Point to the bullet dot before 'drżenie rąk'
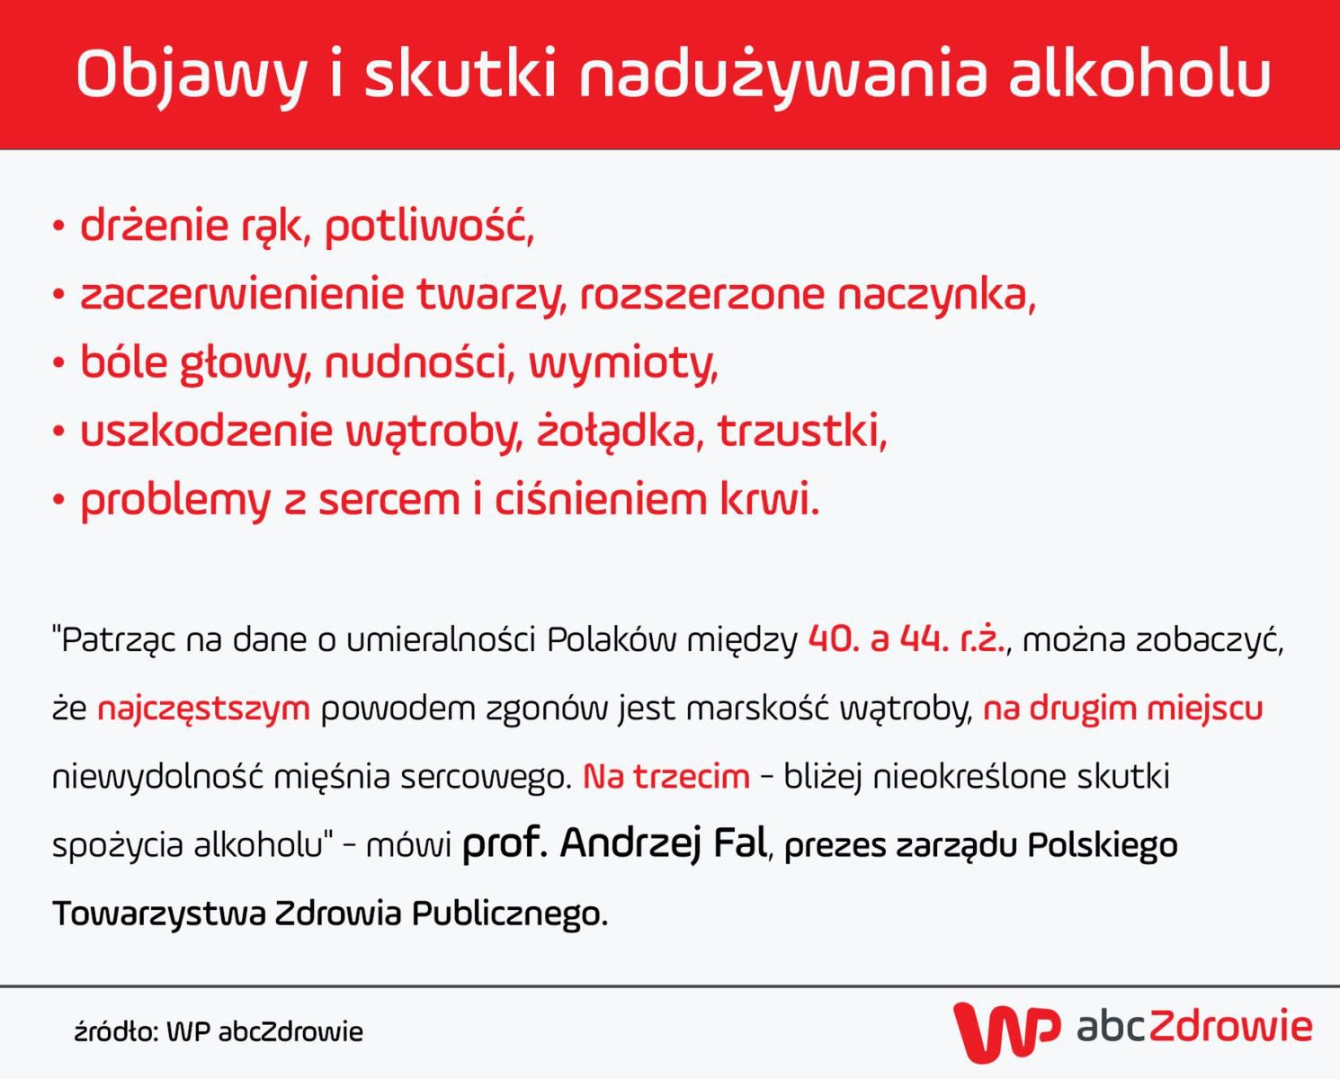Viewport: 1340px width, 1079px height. pos(58,226)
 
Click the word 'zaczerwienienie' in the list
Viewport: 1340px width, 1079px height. pos(242,294)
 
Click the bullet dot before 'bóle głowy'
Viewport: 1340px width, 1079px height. pos(58,363)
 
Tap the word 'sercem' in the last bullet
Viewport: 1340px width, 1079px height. pos(389,500)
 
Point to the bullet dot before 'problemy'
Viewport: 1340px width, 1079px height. pos(58,500)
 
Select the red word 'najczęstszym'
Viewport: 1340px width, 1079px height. pos(203,709)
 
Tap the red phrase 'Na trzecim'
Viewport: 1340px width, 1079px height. pos(666,777)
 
